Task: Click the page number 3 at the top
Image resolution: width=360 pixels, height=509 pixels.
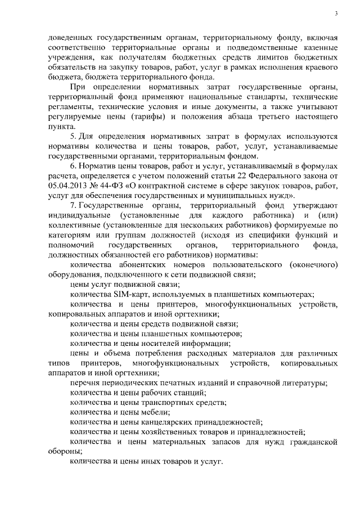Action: [335, 13]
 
